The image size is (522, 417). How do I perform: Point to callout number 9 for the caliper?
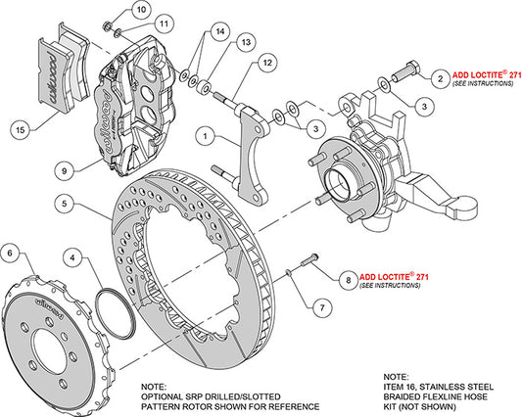click(x=65, y=169)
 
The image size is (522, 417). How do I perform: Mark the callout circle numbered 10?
click(x=142, y=11)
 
